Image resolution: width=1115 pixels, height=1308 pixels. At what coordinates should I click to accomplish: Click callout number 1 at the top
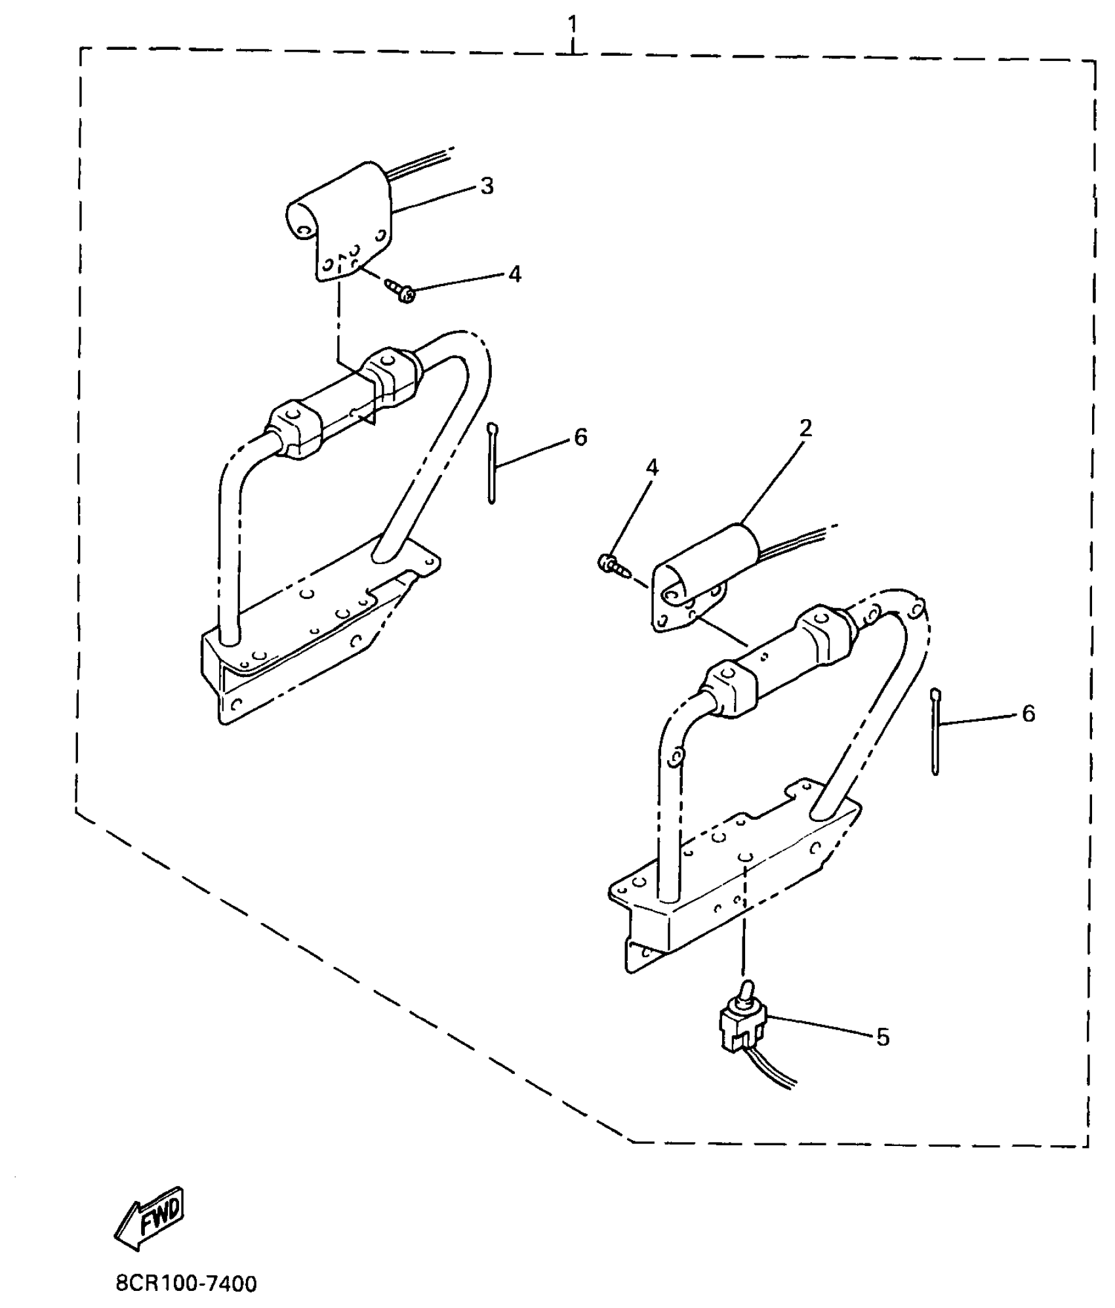click(572, 26)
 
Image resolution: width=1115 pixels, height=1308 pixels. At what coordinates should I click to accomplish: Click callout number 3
click(486, 186)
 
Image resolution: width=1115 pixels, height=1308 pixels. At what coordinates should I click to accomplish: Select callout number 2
click(805, 428)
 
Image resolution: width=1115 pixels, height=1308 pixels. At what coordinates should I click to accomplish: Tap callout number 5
click(883, 1037)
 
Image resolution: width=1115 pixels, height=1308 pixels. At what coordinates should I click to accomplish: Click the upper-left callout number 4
click(515, 274)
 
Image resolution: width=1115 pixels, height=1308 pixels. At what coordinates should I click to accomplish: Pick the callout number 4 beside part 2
click(651, 468)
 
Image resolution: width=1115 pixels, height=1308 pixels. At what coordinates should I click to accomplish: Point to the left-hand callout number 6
click(580, 438)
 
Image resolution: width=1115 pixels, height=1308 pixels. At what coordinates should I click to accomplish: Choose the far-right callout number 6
click(1028, 714)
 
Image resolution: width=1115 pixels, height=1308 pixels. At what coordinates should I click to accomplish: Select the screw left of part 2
click(611, 564)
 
